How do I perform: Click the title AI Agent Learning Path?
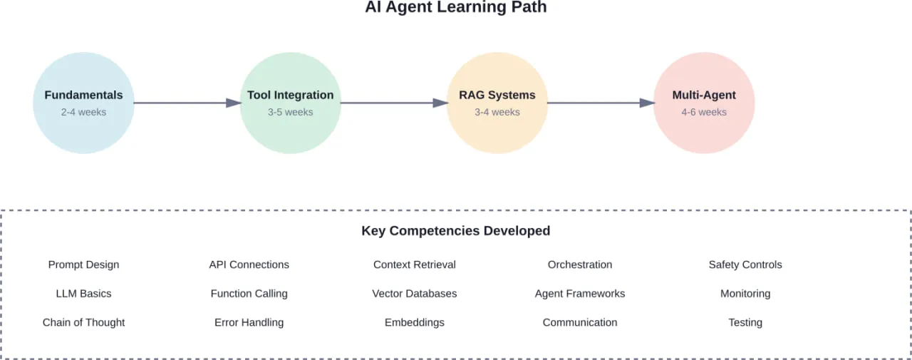click(x=456, y=8)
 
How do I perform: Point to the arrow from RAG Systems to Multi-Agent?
click(x=600, y=103)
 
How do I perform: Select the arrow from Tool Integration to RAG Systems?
click(x=393, y=103)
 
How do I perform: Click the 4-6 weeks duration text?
click(x=704, y=112)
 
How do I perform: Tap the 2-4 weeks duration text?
click(x=83, y=112)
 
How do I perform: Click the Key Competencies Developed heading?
click(x=456, y=231)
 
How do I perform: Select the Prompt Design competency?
click(x=83, y=264)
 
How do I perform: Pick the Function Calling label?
click(x=249, y=294)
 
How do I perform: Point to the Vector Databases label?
click(x=414, y=294)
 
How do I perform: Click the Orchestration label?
click(x=580, y=264)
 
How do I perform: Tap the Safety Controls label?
click(x=745, y=264)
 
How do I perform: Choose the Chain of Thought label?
click(x=83, y=322)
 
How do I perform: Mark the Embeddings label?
click(x=414, y=322)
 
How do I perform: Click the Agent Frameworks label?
click(x=580, y=294)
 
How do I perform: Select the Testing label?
click(x=745, y=322)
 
